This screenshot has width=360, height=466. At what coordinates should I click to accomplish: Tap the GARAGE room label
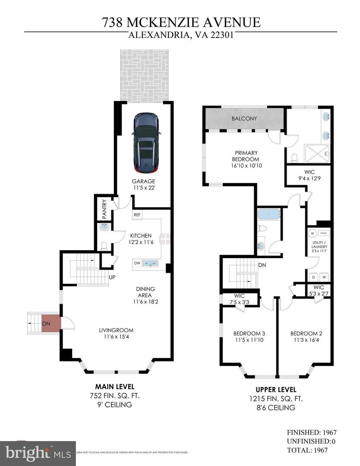[144, 181]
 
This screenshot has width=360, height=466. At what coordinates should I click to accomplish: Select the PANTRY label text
[104, 209]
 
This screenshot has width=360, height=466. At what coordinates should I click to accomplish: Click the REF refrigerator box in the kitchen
[137, 214]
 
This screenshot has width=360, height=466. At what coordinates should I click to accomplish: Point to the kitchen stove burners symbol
[166, 239]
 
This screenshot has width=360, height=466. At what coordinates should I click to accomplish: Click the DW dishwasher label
[137, 262]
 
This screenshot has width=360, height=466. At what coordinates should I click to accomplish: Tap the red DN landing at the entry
[48, 323]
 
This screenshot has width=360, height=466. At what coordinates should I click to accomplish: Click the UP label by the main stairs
[112, 277]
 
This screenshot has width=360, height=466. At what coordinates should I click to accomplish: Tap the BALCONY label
[244, 118]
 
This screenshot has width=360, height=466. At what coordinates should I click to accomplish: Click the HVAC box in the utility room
[325, 233]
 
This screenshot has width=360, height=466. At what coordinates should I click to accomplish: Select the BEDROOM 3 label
[249, 333]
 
